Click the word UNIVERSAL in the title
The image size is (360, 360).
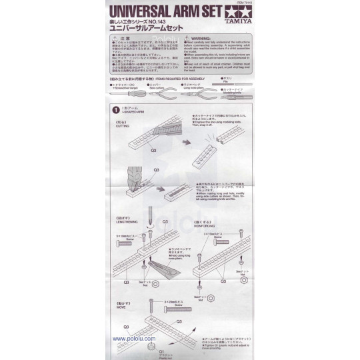(141, 11)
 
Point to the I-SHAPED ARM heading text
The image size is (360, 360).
(133, 112)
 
